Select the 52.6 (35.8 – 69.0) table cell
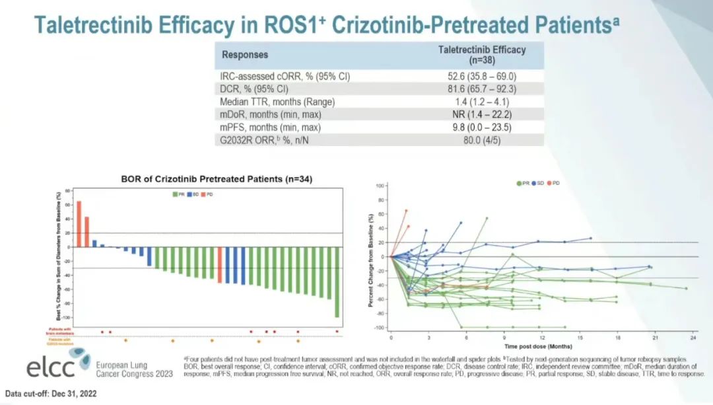tap(482, 76)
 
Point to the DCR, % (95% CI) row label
tap(255, 89)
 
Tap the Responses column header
tap(245, 54)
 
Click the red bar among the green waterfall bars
tap(220, 265)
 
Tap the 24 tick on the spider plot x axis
tap(692, 338)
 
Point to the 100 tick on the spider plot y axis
tap(380, 186)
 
